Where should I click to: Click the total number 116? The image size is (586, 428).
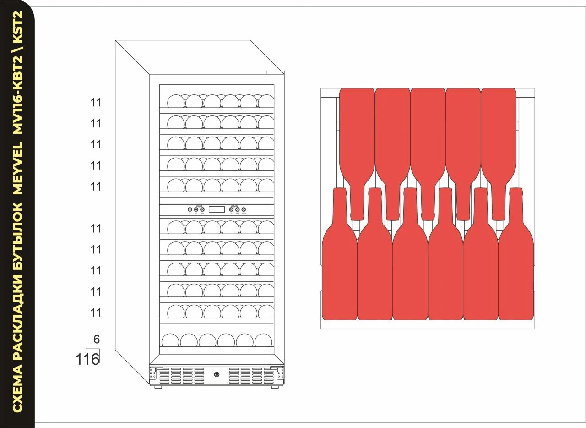[x=87, y=359]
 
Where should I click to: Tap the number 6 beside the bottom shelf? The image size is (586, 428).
[x=96, y=340]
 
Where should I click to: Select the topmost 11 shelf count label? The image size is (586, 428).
[x=96, y=103]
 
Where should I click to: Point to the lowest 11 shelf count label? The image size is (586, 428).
[x=96, y=313]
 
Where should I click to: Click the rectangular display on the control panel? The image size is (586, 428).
[x=217, y=209]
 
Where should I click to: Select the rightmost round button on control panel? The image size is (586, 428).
[x=244, y=209]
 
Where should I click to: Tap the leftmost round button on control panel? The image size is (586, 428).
[x=190, y=209]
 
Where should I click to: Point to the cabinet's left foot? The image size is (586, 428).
[x=158, y=387]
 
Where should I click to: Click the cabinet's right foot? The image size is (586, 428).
[x=275, y=387]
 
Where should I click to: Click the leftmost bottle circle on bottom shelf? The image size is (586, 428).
[x=170, y=340]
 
